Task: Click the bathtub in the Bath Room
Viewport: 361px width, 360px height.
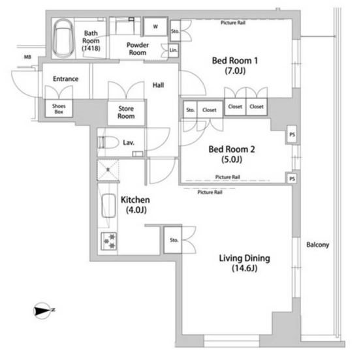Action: [x=63, y=38]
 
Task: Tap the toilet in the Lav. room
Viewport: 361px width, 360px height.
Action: [x=108, y=143]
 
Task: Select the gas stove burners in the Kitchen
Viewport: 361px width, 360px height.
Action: [x=109, y=241]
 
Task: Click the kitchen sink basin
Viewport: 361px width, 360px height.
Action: [x=108, y=205]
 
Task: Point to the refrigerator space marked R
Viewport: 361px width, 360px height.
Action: [x=108, y=170]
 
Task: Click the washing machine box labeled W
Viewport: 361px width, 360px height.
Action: [x=155, y=27]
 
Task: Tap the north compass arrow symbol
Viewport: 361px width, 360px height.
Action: [x=42, y=310]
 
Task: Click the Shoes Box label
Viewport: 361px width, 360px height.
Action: [x=59, y=109]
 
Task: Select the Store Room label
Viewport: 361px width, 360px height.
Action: [x=126, y=112]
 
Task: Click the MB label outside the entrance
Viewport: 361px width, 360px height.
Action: [x=27, y=57]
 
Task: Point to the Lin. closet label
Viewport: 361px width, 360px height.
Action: [x=174, y=50]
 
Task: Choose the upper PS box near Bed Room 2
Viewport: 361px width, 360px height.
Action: [x=292, y=134]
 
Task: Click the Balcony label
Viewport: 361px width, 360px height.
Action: [x=318, y=245]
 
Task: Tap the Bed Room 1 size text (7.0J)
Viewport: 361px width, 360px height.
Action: [x=235, y=70]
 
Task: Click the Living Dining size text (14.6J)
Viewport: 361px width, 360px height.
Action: [x=245, y=268]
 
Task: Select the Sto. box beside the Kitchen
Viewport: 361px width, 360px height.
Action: [x=173, y=240]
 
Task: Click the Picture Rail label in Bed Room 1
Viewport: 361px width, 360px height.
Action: [x=233, y=23]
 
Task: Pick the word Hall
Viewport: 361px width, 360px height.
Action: [x=158, y=85]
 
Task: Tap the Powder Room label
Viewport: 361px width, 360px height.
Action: [x=138, y=48]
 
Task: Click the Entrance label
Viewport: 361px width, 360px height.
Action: [x=66, y=79]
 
